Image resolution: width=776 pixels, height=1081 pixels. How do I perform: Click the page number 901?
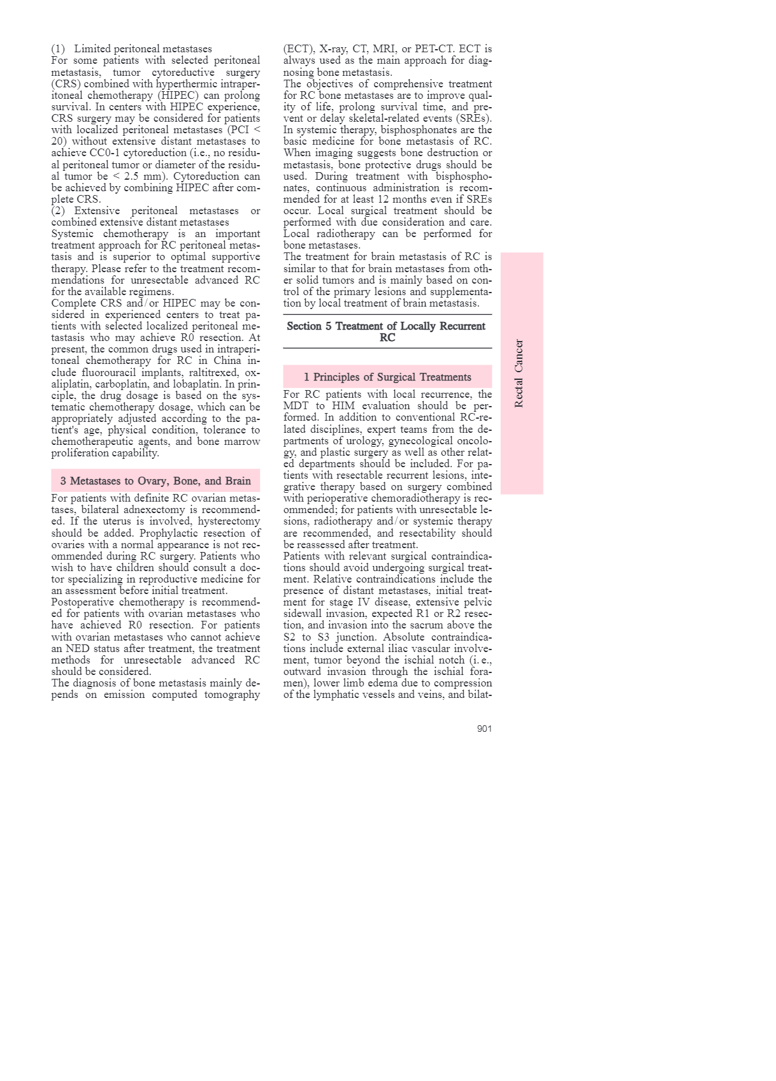484,729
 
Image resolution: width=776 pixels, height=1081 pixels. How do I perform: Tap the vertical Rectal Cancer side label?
519,374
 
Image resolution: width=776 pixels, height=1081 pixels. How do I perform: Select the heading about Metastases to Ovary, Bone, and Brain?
155,481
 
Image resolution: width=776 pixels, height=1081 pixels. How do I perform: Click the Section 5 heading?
387,331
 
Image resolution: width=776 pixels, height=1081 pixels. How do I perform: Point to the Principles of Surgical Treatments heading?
387,377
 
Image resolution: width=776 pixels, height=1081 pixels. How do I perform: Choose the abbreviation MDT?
296,406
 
